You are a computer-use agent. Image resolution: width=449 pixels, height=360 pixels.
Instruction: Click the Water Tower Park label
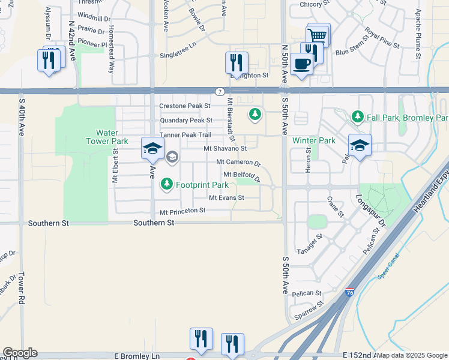click(112, 137)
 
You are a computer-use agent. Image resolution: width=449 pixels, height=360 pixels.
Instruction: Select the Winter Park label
click(313, 141)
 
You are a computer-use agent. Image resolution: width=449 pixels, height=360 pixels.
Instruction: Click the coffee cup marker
click(301, 64)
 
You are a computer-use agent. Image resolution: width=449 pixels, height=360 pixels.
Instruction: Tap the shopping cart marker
click(318, 35)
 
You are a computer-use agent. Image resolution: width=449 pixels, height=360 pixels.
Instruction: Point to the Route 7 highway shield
click(221, 91)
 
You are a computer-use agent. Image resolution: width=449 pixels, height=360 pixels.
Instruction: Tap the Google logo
click(20, 353)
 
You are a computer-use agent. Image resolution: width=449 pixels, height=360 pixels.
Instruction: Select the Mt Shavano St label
click(225, 148)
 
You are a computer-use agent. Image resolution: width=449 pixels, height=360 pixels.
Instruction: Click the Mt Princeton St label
click(182, 211)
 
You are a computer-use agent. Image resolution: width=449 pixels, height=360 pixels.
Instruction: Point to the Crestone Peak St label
click(185, 106)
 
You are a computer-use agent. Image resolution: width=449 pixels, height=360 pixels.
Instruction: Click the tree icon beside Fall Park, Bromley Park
click(358, 116)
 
